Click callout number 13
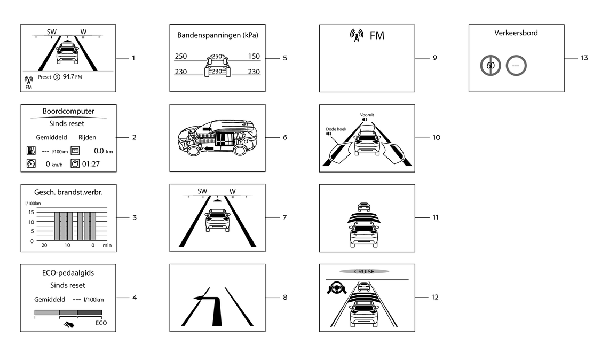tap(584, 58)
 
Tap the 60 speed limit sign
tap(490, 66)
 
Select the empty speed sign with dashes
tap(516, 66)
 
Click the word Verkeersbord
tap(516, 33)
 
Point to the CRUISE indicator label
tap(364, 271)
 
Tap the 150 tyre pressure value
tap(254, 57)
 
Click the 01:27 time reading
tap(90, 163)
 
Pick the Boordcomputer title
tap(68, 112)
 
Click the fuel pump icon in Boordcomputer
tap(30, 151)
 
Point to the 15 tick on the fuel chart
tap(31, 213)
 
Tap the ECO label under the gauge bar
tap(101, 323)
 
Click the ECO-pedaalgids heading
tap(68, 273)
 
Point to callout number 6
tap(285, 137)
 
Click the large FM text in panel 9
tap(377, 36)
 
